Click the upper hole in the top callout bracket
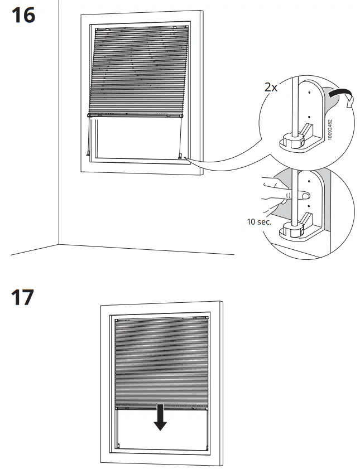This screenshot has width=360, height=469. [x=308, y=88]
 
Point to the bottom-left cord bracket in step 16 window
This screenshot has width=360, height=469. [x=88, y=153]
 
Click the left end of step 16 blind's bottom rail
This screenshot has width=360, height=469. [x=89, y=115]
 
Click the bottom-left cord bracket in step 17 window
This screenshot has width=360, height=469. [x=118, y=445]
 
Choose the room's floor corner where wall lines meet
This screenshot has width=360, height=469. [x=59, y=244]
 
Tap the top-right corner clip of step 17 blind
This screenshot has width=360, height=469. [x=204, y=322]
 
